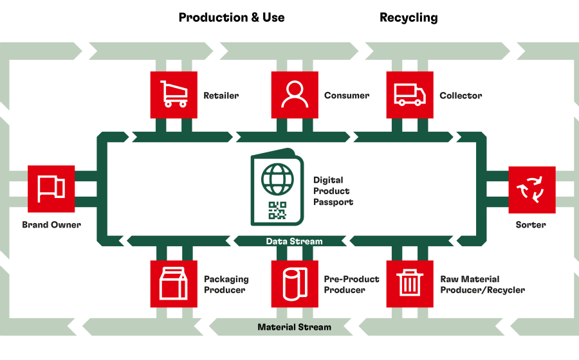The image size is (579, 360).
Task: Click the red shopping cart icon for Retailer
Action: pyautogui.click(x=174, y=94)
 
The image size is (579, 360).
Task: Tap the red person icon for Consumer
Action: pyautogui.click(x=295, y=94)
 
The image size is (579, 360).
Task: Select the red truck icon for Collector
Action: pyautogui.click(x=410, y=94)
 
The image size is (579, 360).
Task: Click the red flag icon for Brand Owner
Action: pyautogui.click(x=51, y=189)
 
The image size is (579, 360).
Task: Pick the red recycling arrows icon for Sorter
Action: pyautogui.click(x=532, y=190)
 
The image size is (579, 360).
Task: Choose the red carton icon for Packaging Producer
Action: pyautogui.click(x=174, y=283)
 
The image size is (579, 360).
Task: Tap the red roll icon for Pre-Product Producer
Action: pyautogui.click(x=295, y=283)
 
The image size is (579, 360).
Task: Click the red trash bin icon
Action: pyautogui.click(x=410, y=283)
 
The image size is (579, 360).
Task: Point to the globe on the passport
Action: pyautogui.click(x=277, y=179)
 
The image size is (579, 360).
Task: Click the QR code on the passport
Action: pyautogui.click(x=277, y=210)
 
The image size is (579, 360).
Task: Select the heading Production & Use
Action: pyautogui.click(x=232, y=17)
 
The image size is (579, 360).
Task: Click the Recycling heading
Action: pyautogui.click(x=409, y=18)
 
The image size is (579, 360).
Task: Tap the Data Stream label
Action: pyautogui.click(x=294, y=241)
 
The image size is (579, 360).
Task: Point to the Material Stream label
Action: pyautogui.click(x=294, y=327)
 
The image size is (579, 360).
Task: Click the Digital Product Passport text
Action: pyautogui.click(x=333, y=191)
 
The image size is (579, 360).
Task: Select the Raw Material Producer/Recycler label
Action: pyautogui.click(x=482, y=284)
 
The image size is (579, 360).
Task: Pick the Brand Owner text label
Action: pyautogui.click(x=51, y=224)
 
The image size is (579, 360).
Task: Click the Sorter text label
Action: pyautogui.click(x=531, y=224)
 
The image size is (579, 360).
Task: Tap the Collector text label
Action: pyautogui.click(x=461, y=96)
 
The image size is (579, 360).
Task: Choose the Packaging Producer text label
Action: pyautogui.click(x=226, y=284)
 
